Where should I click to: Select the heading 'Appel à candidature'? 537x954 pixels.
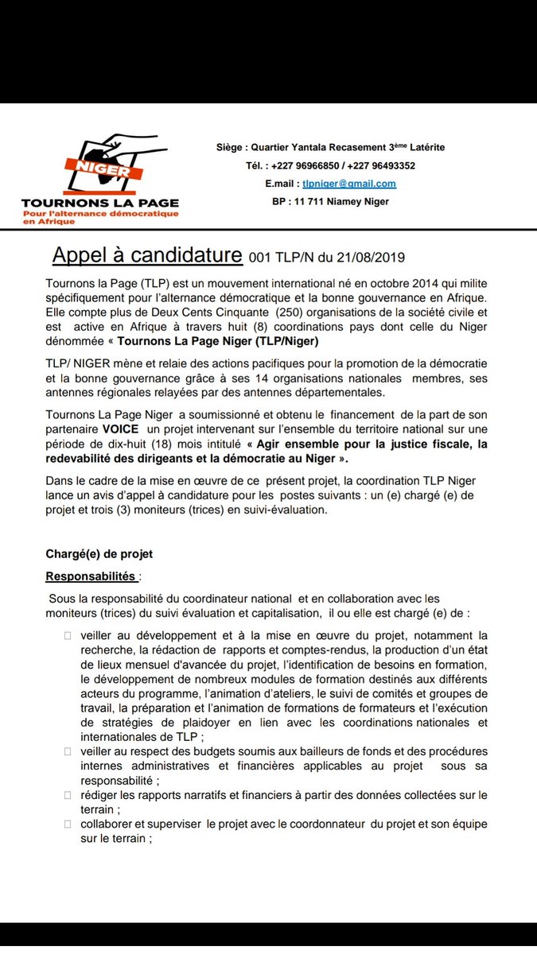click(x=147, y=256)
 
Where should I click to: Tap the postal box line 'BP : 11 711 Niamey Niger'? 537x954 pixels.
click(x=330, y=202)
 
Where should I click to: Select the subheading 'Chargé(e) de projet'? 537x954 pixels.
click(x=99, y=554)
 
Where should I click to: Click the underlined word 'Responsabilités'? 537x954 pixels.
click(x=91, y=576)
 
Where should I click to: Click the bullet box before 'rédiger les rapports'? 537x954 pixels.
click(x=68, y=795)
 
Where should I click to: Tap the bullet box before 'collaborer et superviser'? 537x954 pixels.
click(x=68, y=824)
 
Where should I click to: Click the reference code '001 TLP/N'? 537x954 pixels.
click(x=282, y=258)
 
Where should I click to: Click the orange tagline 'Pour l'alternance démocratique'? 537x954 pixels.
click(x=100, y=215)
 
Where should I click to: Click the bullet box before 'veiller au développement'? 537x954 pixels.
click(x=68, y=636)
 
